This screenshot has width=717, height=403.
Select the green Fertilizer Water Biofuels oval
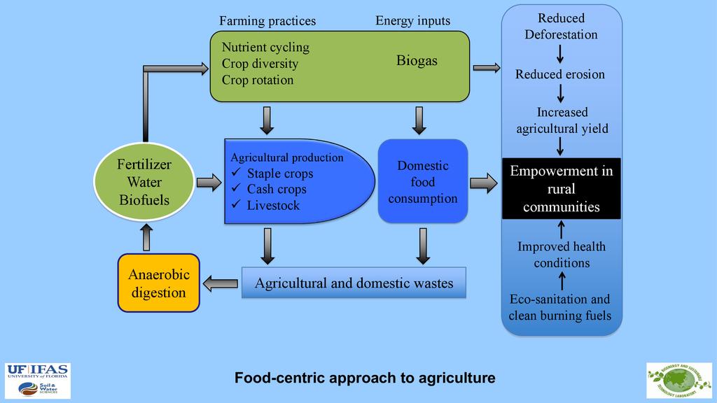pyautogui.click(x=144, y=183)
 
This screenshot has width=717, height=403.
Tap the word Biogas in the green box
pyautogui.click(x=417, y=61)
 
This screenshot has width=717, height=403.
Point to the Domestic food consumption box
pyautogui.click(x=422, y=181)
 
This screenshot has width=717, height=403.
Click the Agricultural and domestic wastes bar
pyautogui.click(x=354, y=283)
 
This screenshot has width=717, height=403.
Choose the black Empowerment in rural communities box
pyautogui.click(x=562, y=188)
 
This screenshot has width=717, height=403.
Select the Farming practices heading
pyautogui.click(x=267, y=20)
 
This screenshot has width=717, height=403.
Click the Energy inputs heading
pyautogui.click(x=412, y=20)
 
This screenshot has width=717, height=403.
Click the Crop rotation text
pyautogui.click(x=258, y=80)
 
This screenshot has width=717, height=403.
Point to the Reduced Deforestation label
pyautogui.click(x=561, y=27)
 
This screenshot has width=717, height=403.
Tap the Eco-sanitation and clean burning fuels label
pyautogui.click(x=559, y=307)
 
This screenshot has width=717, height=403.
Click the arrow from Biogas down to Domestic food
pyautogui.click(x=419, y=120)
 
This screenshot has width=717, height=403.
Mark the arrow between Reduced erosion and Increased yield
pyautogui.click(x=561, y=93)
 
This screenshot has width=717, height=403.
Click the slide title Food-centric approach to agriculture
pyautogui.click(x=365, y=378)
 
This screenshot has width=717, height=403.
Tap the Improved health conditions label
pyautogui.click(x=562, y=255)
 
